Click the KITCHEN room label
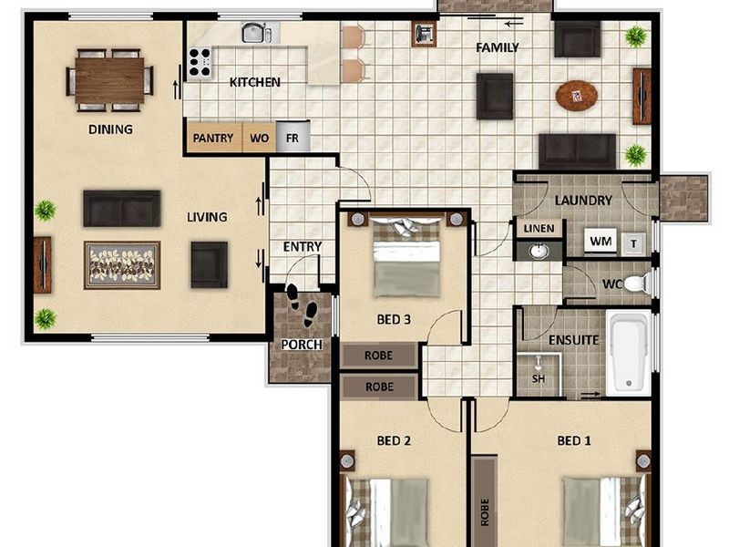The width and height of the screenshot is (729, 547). (255, 82)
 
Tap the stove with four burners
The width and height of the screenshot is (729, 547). (200, 62)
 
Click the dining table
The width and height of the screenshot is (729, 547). (109, 80)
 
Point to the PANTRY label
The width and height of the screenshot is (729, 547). (213, 139)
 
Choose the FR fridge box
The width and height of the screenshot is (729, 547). (293, 137)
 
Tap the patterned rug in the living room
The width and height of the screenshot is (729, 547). (122, 265)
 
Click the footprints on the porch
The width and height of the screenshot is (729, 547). (303, 305)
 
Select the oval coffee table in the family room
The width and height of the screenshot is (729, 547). (577, 96)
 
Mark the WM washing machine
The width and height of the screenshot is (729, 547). (601, 241)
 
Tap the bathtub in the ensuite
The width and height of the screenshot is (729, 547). (629, 352)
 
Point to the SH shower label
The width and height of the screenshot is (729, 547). (539, 378)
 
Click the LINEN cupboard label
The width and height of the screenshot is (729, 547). (539, 229)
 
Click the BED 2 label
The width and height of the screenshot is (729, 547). (394, 440)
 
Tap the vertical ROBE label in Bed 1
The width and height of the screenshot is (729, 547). (485, 512)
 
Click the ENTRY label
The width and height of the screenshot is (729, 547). (303, 246)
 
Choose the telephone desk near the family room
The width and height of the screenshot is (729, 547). (424, 34)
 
